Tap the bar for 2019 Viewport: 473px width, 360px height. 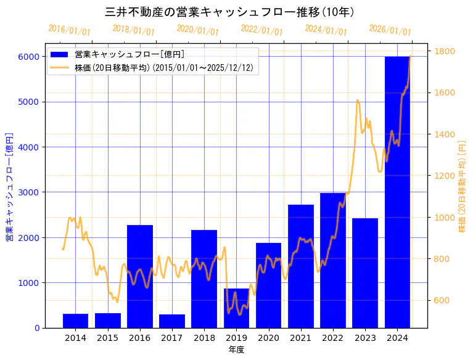tap(236, 308)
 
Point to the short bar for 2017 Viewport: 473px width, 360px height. tap(172, 321)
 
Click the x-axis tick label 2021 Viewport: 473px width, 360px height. tap(300, 338)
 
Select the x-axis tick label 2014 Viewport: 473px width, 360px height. tap(75, 338)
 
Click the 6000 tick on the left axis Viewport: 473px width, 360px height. tap(30, 57)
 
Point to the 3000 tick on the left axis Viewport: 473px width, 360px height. tap(30, 192)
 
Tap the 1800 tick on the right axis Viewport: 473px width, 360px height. tap(445, 51)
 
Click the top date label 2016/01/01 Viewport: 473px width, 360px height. tap(69, 30)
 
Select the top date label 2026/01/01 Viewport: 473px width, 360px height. tap(390, 30)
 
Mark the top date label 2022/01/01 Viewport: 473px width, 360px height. tap(261, 30)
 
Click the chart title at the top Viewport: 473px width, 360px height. tap(229, 12)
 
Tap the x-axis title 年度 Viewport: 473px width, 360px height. tap(236, 350)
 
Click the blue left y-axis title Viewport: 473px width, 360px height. tap(9, 186)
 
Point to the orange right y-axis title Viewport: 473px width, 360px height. tap(462, 186)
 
